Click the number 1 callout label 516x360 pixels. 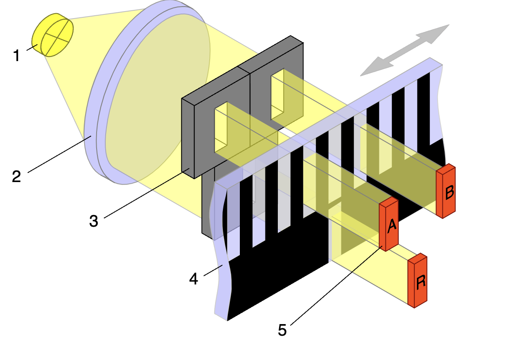point(17,55)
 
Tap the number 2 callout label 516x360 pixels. point(17,176)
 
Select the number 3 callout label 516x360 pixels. point(94,221)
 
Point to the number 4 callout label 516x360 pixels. point(194,279)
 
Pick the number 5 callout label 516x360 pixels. point(282,330)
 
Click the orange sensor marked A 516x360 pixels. point(389,224)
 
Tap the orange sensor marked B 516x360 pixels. point(446,191)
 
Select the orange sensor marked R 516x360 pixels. point(417,281)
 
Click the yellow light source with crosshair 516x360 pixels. point(53,35)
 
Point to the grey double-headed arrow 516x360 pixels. point(405,50)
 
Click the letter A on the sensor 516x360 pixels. point(392,226)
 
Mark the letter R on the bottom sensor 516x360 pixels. point(421,282)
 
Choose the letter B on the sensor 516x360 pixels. point(450,192)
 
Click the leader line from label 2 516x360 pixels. point(59,154)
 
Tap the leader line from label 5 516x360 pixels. point(336,286)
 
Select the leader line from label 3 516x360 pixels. point(147,193)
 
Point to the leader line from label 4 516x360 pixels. point(213,270)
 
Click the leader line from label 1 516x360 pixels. point(32,47)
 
